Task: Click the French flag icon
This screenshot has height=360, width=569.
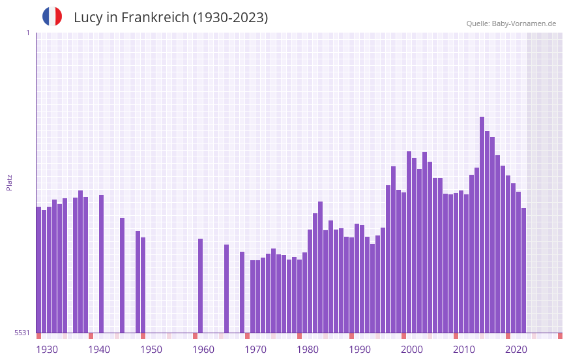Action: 52,16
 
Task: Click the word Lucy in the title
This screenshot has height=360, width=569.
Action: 87,18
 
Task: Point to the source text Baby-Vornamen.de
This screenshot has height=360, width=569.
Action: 524,23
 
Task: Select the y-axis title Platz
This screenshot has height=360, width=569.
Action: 9,182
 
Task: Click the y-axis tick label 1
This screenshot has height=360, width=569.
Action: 27,33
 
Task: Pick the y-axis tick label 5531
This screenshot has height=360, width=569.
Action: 22,333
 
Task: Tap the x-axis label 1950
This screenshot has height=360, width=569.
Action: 151,350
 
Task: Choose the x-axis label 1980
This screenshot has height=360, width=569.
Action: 308,350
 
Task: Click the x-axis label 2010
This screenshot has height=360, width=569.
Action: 464,350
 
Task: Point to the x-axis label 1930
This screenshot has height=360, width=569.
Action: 47,350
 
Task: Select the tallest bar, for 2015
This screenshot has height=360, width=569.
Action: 482,225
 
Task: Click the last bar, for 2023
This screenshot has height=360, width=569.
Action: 524,271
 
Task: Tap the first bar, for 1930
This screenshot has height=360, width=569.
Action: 39,270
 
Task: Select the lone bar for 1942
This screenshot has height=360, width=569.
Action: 102,264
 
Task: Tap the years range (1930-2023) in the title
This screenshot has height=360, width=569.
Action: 230,18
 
